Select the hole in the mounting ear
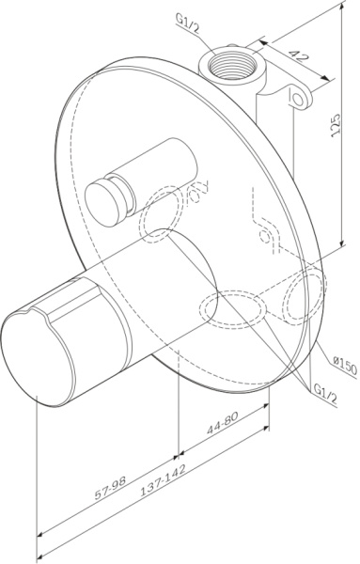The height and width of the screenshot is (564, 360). tap(301, 98)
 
